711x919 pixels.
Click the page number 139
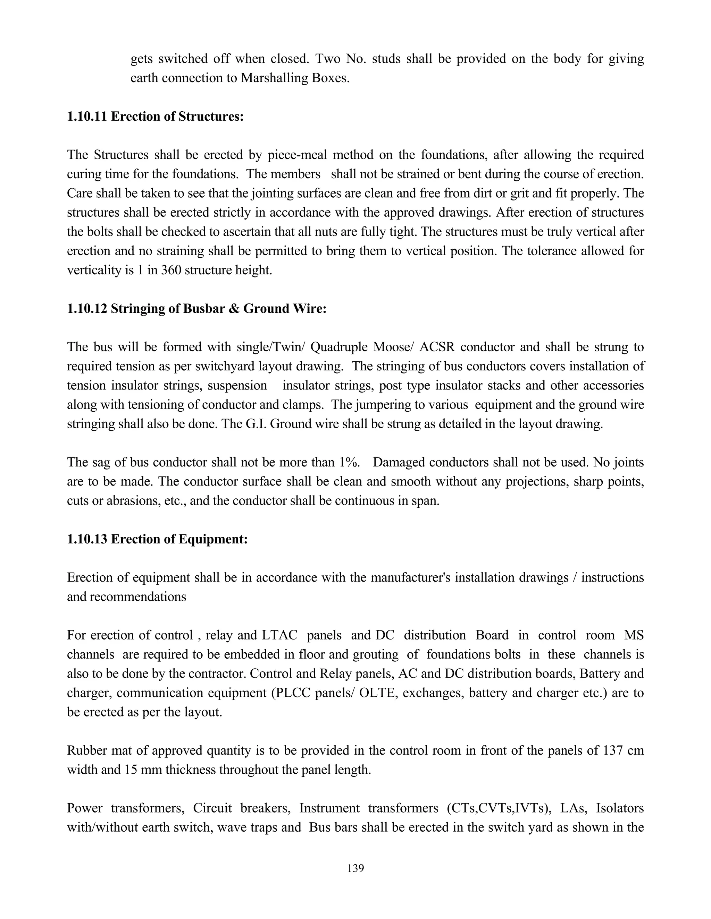point(355,868)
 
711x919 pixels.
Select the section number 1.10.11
point(87,117)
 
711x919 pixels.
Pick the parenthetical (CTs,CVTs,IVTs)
point(496,808)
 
